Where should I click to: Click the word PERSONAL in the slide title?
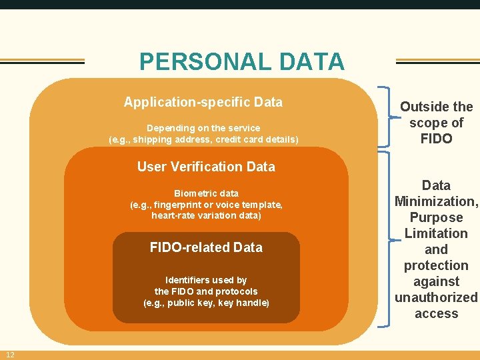coord(200,62)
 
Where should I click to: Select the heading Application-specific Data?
coord(203,102)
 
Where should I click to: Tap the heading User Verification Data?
coord(206,167)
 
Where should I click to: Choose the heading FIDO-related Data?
coord(206,247)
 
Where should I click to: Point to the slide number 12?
coord(11,354)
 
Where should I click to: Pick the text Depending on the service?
coord(203,128)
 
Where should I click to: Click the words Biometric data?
coord(206,193)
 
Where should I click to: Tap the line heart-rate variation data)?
coord(206,215)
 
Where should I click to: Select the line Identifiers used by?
coord(206,280)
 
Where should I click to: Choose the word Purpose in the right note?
coord(436,217)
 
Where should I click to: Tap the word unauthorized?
coord(436,297)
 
